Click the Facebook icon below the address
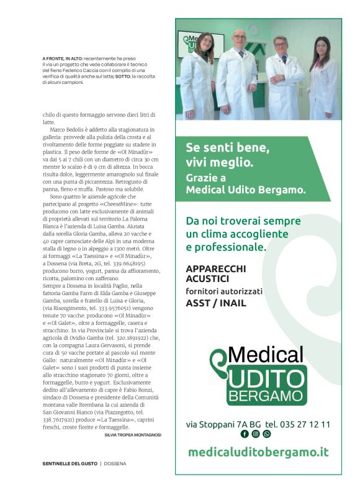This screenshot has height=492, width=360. point(245,434)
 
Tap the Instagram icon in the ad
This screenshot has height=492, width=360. point(256,434)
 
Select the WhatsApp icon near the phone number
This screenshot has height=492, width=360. point(267,434)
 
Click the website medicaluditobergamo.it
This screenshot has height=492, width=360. point(258,452)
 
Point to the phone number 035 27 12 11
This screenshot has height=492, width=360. point(297,424)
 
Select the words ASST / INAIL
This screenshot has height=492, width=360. point(215,303)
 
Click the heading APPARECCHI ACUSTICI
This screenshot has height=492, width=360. point(215,274)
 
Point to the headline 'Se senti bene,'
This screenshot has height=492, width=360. point(227,148)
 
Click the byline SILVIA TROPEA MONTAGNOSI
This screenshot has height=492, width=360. point(133,435)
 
